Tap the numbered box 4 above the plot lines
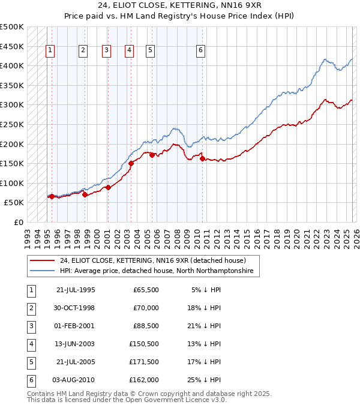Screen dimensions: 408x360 129,50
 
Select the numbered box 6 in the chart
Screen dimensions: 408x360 200,50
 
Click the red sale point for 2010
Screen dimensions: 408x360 202,159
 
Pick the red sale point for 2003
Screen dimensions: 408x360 131,163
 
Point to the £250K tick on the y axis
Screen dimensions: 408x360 12,124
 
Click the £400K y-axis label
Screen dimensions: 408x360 12,65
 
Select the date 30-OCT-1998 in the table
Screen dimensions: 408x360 75,308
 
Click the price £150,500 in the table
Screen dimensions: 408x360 143,344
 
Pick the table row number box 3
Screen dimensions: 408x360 31,326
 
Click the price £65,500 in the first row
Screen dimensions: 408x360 146,290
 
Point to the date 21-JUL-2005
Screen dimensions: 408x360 75,362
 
